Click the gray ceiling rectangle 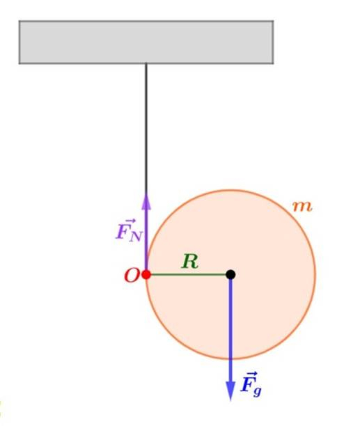coord(146,42)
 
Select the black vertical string coord(146,127)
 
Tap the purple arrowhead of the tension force coord(146,201)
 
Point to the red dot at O coord(146,274)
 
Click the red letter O coord(132,276)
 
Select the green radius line coord(188,274)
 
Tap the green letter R coord(190,261)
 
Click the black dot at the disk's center coord(230,274)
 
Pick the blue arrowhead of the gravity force coord(230,390)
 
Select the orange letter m coord(303,207)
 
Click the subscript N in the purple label coord(135,237)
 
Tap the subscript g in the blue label coord(257,391)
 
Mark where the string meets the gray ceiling coord(146,64)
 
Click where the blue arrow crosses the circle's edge coord(230,359)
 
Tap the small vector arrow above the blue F coord(249,374)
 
